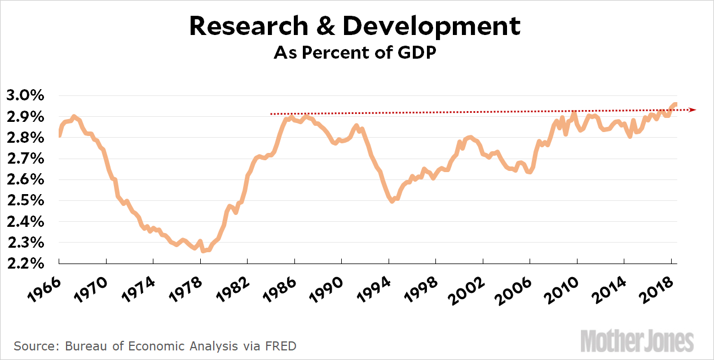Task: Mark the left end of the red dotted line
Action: coord(272,114)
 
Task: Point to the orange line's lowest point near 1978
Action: coord(203,250)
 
